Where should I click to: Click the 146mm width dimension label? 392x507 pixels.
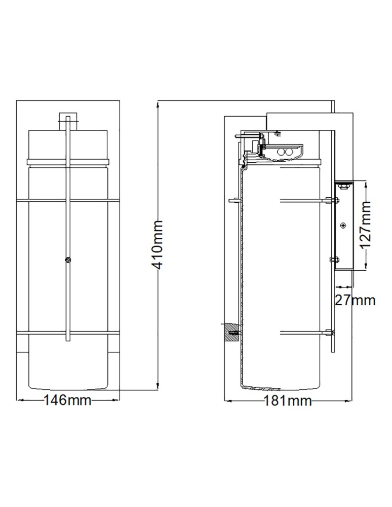click(67, 401)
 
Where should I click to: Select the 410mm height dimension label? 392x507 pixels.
click(157, 245)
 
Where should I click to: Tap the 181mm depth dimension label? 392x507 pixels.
click(288, 401)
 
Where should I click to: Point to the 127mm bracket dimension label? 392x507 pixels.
click(366, 225)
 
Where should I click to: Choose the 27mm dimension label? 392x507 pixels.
click(355, 300)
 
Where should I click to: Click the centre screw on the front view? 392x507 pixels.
click(68, 259)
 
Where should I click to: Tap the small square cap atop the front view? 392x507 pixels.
click(68, 121)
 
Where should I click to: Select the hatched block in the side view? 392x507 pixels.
click(231, 333)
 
